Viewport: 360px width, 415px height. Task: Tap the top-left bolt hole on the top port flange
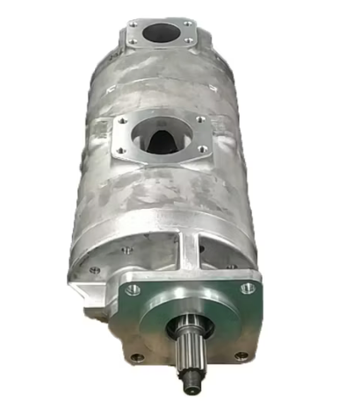pos(133,23)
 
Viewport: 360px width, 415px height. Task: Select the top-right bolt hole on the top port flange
pos(186,23)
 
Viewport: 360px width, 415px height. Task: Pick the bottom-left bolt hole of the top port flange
pos(131,41)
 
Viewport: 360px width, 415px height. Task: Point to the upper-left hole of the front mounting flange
pos(133,288)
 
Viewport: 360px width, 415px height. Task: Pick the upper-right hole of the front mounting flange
pos(248,287)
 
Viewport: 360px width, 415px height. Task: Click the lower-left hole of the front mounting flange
pos(137,357)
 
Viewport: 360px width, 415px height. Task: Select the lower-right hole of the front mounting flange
pos(241,355)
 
